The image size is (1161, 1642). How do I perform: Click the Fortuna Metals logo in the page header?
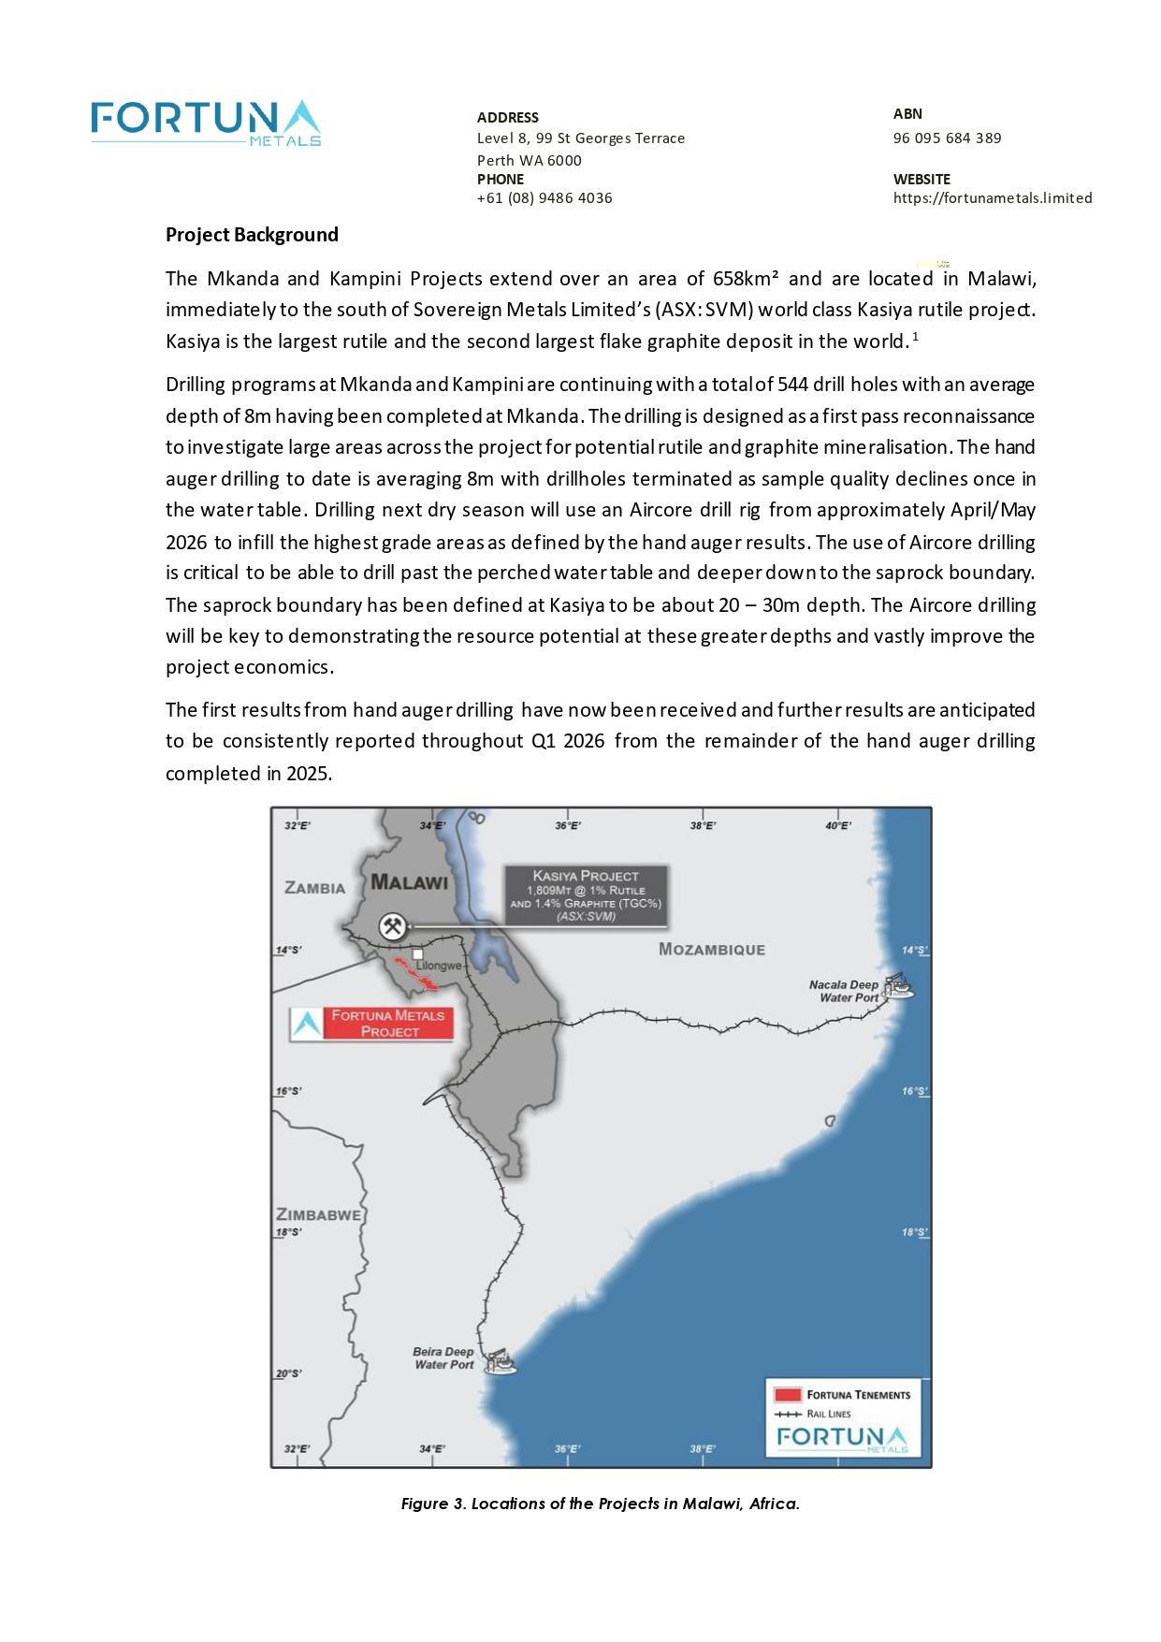206,124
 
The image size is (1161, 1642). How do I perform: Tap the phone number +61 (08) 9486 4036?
544,198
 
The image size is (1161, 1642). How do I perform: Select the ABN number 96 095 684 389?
947,138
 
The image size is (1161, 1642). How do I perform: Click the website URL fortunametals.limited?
993,198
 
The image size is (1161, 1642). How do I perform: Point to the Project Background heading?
252,235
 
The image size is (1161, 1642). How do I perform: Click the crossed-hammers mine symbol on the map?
392,926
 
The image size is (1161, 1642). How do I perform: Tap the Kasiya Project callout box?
586,895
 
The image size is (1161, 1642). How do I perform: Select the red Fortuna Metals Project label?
388,1024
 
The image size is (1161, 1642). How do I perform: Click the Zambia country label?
314,888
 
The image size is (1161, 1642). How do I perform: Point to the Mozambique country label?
711,950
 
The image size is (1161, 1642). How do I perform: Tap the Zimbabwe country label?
318,1214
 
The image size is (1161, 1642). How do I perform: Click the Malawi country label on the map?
409,882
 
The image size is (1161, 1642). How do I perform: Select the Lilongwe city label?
439,966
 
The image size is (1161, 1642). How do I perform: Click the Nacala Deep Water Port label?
844,991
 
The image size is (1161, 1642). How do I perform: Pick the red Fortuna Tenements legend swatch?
789,1394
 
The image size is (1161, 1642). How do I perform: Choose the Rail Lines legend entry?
813,1414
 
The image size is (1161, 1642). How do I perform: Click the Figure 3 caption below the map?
600,1504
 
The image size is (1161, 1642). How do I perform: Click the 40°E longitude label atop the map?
837,825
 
